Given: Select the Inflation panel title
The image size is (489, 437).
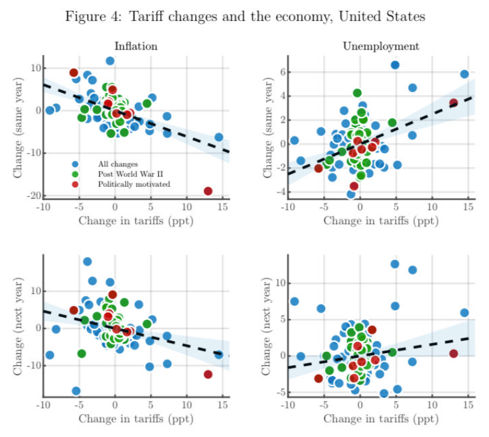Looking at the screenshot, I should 136,46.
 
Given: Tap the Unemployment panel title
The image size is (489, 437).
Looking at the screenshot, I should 380,46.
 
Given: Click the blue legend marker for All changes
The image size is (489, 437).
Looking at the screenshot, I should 76,164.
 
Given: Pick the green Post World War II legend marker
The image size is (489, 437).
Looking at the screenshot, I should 76,174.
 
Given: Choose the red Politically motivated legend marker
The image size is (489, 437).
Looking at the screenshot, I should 76,184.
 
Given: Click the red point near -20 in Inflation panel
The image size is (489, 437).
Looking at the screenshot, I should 208,191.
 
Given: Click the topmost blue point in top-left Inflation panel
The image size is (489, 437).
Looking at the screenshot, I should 110,61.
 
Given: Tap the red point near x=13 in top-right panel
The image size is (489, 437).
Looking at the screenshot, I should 453,103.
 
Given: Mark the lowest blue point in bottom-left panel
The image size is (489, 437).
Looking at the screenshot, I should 76,391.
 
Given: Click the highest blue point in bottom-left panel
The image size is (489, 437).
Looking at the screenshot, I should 87,262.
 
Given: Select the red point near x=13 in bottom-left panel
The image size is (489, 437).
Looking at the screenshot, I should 208,374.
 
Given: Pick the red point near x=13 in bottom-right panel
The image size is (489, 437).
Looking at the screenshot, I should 453,353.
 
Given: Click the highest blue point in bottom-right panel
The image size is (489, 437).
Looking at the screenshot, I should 394,264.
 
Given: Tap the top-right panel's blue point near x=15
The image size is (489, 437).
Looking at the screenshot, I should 464,74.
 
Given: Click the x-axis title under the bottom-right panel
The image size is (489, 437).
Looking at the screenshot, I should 380,419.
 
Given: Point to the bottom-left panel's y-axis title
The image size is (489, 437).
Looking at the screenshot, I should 18,326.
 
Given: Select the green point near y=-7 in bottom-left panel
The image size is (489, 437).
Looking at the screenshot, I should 81,353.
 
